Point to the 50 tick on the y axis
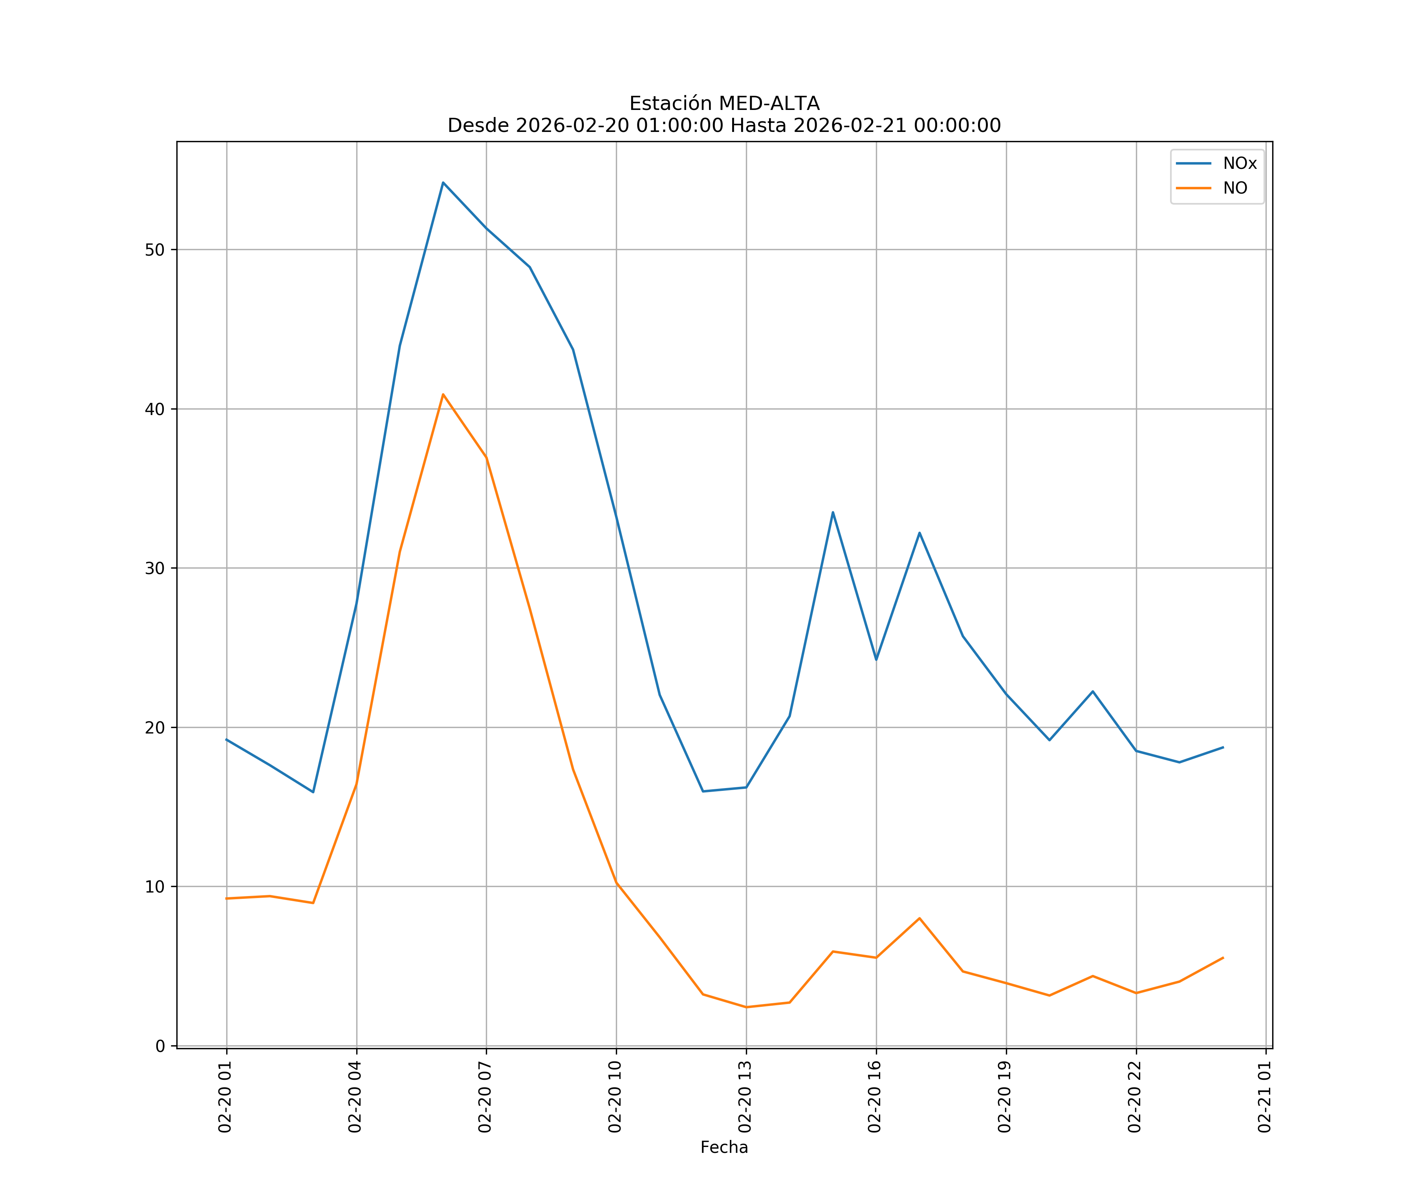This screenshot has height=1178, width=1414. (155, 250)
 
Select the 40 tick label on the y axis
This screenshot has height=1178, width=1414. (155, 409)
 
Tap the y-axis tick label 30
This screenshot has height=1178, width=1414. (155, 568)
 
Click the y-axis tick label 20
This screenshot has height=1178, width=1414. (155, 728)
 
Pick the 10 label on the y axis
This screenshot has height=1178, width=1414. (155, 887)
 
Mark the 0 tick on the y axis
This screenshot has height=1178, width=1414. (160, 1046)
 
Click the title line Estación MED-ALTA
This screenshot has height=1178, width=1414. (724, 104)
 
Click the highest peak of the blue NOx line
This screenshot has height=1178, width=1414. (443, 183)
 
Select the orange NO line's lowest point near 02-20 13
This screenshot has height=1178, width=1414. (746, 1007)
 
